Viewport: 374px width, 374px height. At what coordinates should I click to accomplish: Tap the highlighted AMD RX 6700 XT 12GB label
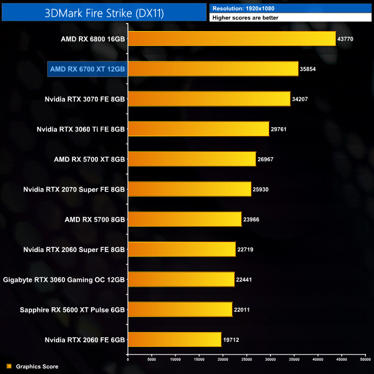[87, 69]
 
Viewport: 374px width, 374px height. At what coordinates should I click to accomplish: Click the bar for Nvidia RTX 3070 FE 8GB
[209, 99]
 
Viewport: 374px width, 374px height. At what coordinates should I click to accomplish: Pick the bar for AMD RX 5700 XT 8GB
[192, 159]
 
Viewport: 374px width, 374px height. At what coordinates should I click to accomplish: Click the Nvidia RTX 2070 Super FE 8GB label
[74, 189]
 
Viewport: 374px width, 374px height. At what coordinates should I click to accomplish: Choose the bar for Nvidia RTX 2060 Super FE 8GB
[182, 249]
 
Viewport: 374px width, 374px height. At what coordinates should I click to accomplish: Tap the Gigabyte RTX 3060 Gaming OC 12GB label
[64, 279]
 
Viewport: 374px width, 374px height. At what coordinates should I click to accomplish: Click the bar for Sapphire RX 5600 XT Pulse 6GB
[180, 309]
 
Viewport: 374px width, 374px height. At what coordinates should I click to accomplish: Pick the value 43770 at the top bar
[348, 39]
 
